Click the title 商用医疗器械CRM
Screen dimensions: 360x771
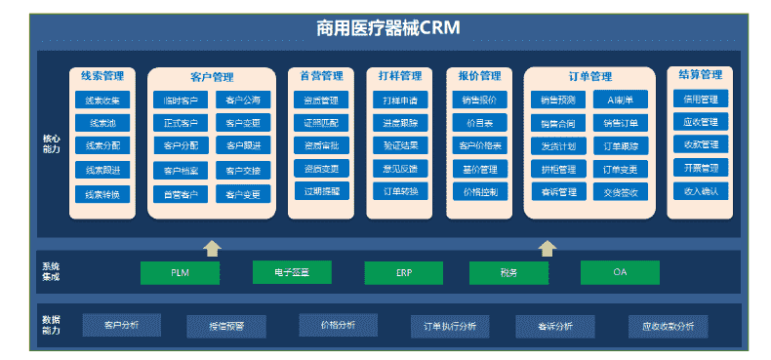pos(387,28)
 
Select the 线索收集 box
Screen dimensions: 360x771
pos(102,100)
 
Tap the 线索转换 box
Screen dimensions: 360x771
pos(102,194)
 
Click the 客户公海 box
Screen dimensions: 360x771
pos(243,100)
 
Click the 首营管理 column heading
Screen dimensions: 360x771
pos(321,76)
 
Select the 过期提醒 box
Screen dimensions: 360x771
pos(321,191)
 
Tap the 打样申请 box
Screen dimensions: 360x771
pos(400,100)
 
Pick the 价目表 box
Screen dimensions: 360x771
pos(479,123)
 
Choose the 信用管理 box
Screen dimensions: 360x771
pos(700,100)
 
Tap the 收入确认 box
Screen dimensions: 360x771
pos(700,191)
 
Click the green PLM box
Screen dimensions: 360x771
pos(180,272)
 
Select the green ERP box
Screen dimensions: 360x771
pos(403,272)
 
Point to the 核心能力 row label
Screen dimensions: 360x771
pos(51,143)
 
